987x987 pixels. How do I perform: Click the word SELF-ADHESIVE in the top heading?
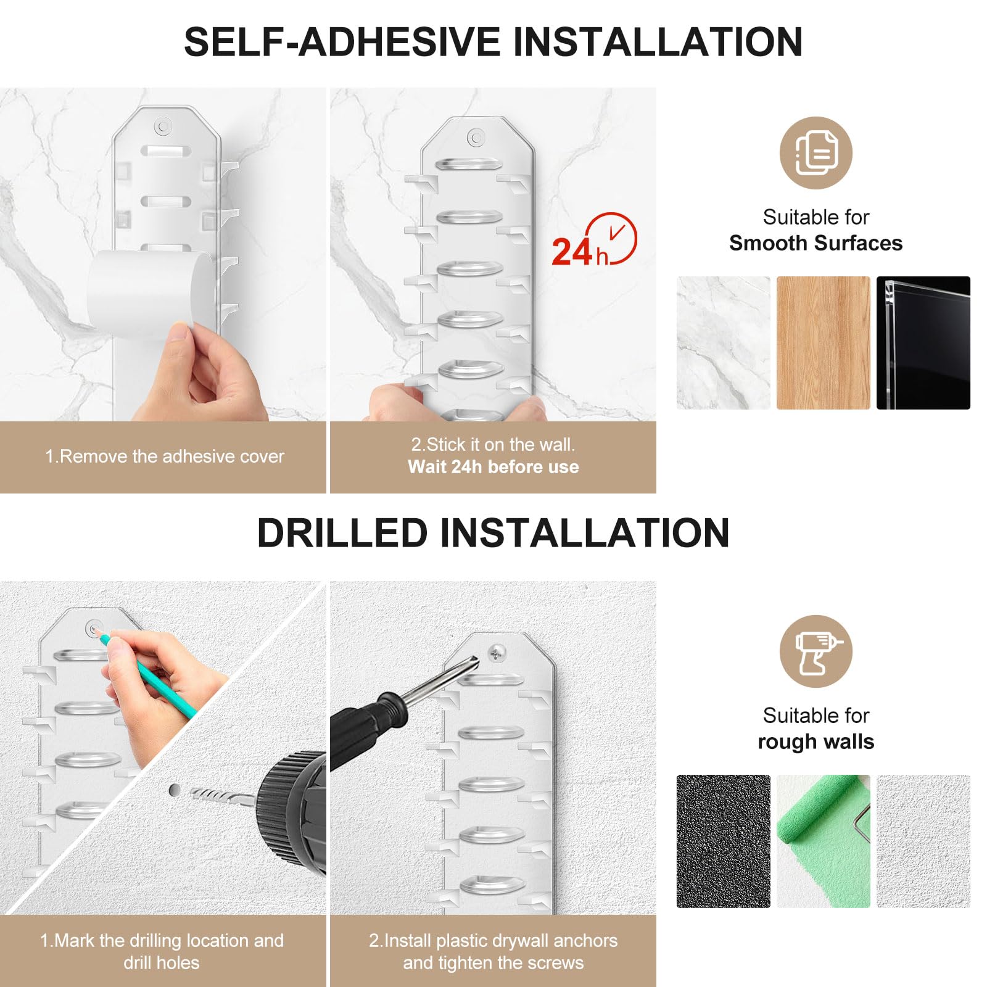pyautogui.click(x=342, y=42)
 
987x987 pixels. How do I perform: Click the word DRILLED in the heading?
pyautogui.click(x=342, y=533)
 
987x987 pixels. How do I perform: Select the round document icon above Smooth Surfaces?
pyautogui.click(x=816, y=153)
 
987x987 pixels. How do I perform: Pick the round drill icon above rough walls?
pyautogui.click(x=816, y=651)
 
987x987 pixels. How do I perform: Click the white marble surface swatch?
pyautogui.click(x=724, y=343)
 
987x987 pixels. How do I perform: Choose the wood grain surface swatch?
pyautogui.click(x=824, y=343)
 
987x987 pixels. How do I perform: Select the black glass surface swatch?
pyautogui.click(x=923, y=343)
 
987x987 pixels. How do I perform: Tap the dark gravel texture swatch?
pyautogui.click(x=724, y=841)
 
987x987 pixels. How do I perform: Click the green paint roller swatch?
pyautogui.click(x=824, y=841)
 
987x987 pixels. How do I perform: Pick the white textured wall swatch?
pyautogui.click(x=923, y=841)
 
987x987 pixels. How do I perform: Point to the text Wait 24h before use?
pyautogui.click(x=493, y=467)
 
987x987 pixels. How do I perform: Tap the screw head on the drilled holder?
pyautogui.click(x=497, y=652)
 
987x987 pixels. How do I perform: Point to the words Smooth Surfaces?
pyautogui.click(x=816, y=243)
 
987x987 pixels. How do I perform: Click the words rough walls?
pyautogui.click(x=816, y=741)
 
